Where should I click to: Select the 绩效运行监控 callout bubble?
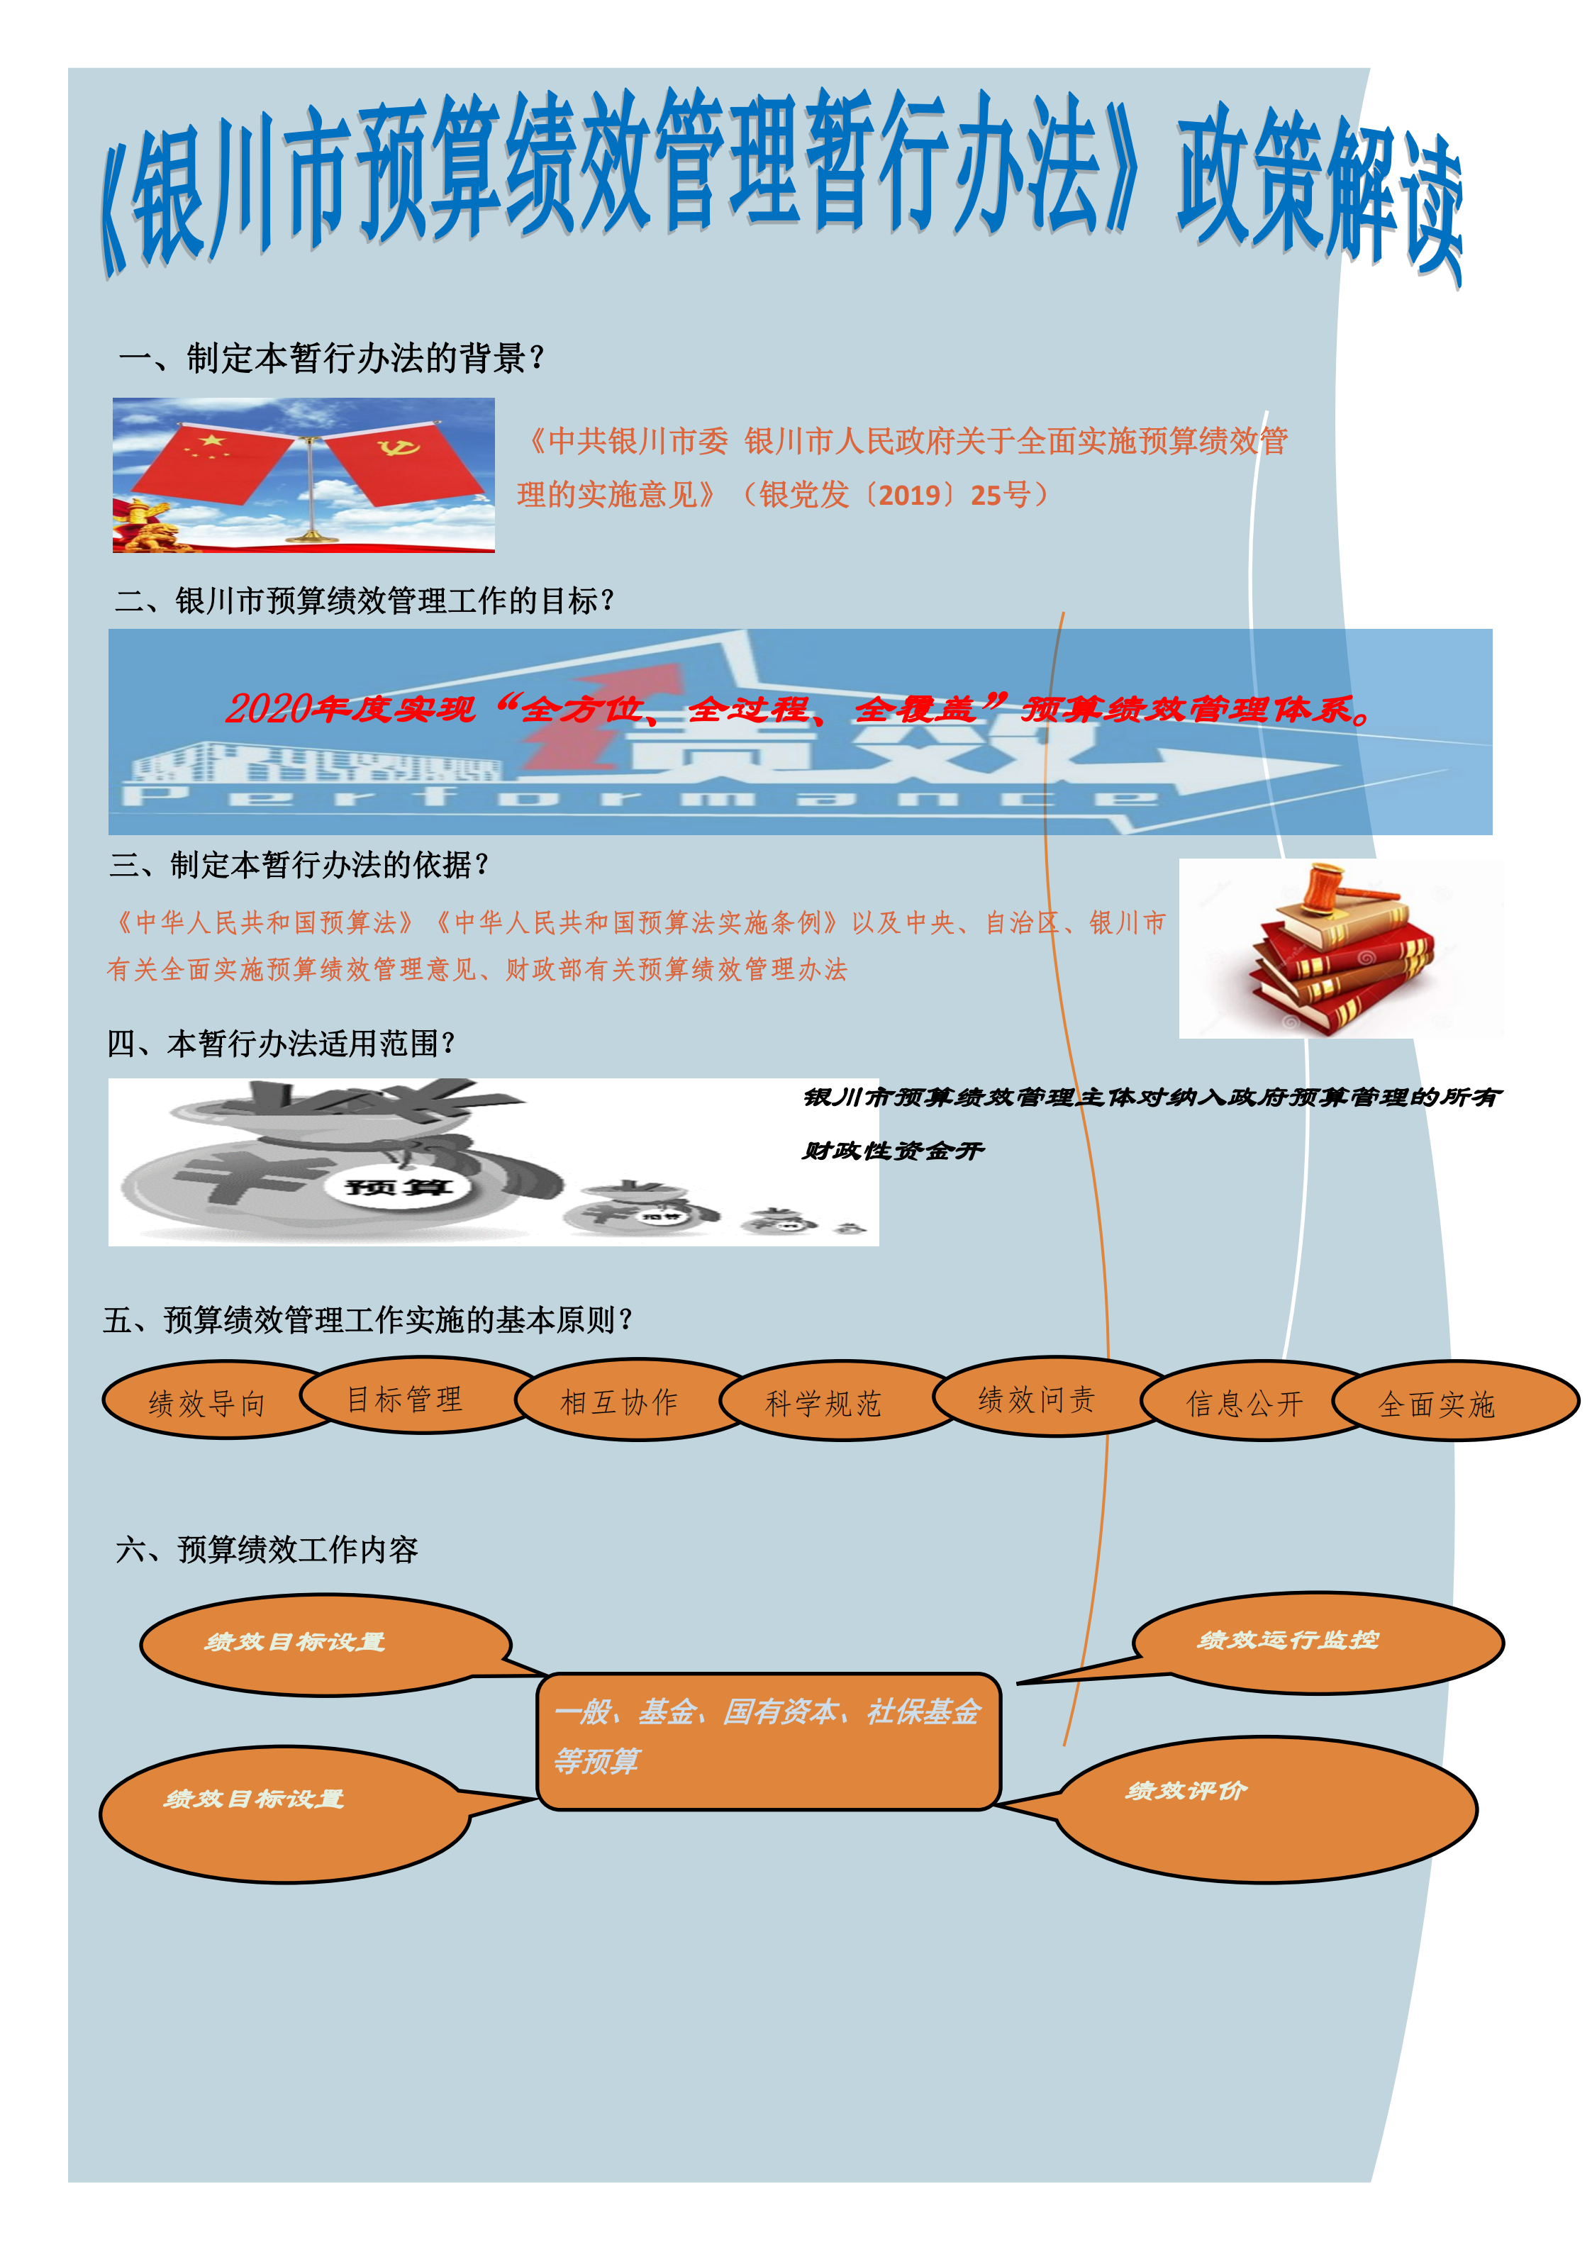[1318, 1642]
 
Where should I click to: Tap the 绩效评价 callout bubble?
[1265, 1809]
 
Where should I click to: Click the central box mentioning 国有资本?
[769, 1741]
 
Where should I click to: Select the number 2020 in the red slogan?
[268, 708]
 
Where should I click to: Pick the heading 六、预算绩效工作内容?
[267, 1549]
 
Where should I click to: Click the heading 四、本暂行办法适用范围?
[281, 1043]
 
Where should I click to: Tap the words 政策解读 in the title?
[1319, 191]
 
